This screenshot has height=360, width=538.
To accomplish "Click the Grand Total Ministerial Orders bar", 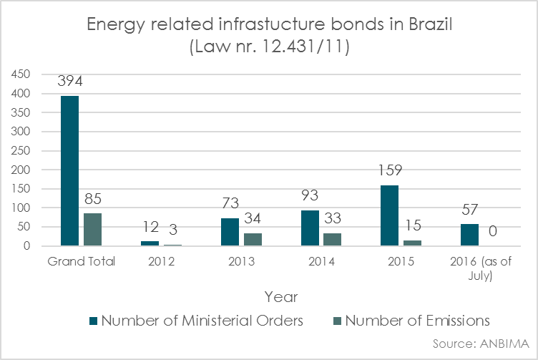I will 70,171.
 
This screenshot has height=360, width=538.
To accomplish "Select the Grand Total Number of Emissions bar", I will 93,230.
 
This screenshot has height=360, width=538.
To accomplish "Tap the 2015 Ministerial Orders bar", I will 390,215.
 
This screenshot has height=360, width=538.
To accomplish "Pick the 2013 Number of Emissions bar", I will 253,240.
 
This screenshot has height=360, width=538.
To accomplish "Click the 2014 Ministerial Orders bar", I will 310,228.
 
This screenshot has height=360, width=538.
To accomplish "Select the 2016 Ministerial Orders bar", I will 470,235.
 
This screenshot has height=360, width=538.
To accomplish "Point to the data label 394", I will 70,82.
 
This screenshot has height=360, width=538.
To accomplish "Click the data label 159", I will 390,172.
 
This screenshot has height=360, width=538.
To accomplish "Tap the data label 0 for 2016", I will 493,231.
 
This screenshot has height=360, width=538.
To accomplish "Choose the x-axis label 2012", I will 162,261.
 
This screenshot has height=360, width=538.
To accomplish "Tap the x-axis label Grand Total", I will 82,261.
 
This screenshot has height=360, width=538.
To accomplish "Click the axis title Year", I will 281,296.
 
